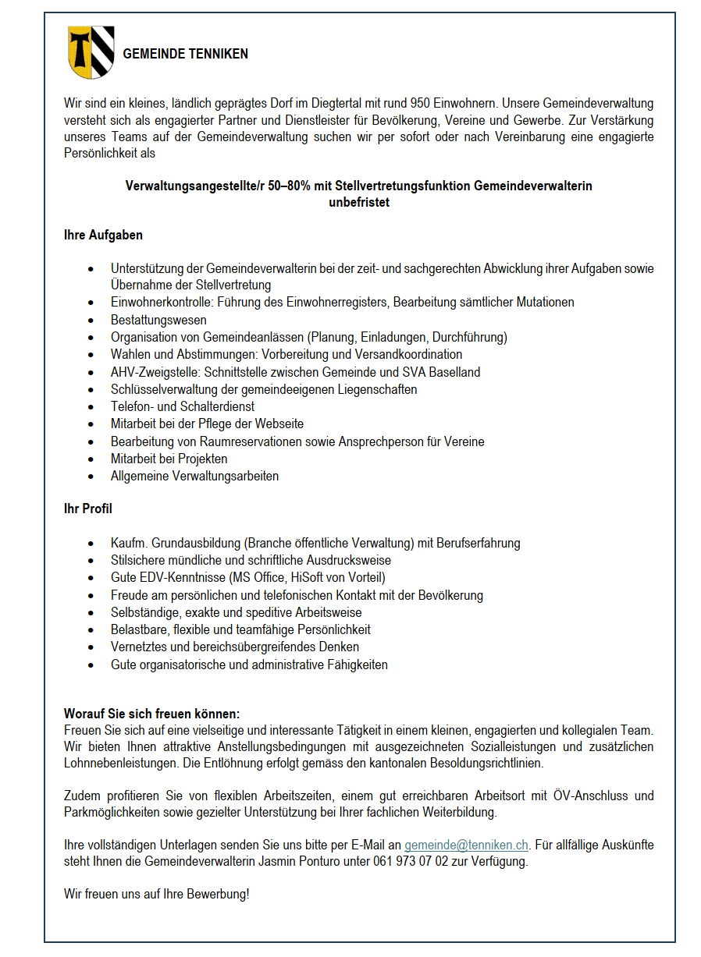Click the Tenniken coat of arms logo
coord(91,52)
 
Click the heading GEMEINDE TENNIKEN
coord(186,54)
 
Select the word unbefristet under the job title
coord(358,203)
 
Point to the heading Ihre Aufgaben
coord(103,235)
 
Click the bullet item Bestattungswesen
coord(158,320)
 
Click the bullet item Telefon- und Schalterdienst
coord(183,406)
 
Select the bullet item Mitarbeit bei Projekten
coord(169,459)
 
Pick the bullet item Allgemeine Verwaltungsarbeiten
coord(194,476)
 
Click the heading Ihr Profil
coord(87,509)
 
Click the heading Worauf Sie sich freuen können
coord(151,714)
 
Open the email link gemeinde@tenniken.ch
coord(466,845)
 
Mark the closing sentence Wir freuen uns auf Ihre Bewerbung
coord(156,894)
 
